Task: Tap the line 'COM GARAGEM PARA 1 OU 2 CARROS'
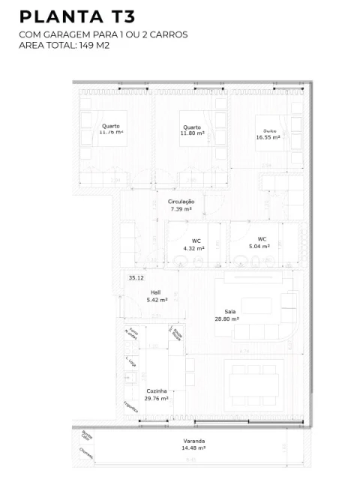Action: (x=103, y=34)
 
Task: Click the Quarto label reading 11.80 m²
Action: (x=192, y=131)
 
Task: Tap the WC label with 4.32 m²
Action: (x=195, y=244)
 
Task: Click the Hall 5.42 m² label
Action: (x=156, y=296)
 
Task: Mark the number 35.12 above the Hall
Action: (x=136, y=278)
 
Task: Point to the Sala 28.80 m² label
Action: (x=231, y=315)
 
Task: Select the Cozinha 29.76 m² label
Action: (x=157, y=395)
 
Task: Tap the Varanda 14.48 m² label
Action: (x=193, y=445)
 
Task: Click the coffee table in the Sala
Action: (x=257, y=306)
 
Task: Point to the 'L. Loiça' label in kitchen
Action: (x=131, y=363)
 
